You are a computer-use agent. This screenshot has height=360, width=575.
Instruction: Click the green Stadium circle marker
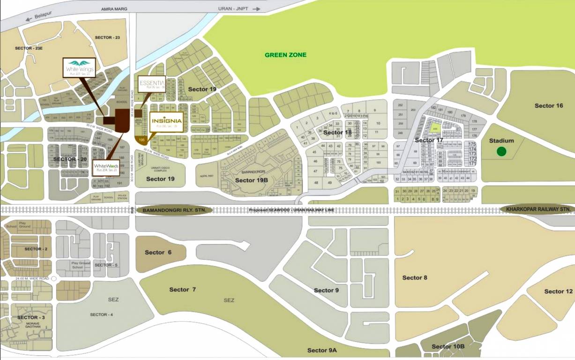[x=501, y=151]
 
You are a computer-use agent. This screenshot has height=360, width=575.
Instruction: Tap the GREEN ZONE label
[x=285, y=55]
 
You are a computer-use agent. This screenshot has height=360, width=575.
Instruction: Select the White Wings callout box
[x=79, y=68]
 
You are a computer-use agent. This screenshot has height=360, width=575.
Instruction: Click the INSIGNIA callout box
[x=166, y=121]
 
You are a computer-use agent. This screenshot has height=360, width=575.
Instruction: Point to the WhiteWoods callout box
[x=105, y=167]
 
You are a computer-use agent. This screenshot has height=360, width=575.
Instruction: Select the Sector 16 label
[x=548, y=105]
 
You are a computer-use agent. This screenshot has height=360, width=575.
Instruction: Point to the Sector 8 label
[x=415, y=277]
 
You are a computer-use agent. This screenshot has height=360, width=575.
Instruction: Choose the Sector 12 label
[x=558, y=291]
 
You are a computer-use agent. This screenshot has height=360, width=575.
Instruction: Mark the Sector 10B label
[x=448, y=346]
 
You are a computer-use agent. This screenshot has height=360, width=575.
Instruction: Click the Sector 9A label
[x=322, y=350]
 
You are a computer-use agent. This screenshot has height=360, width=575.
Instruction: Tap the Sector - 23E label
[x=29, y=48]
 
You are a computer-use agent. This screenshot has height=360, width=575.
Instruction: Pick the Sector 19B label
[x=251, y=180]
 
